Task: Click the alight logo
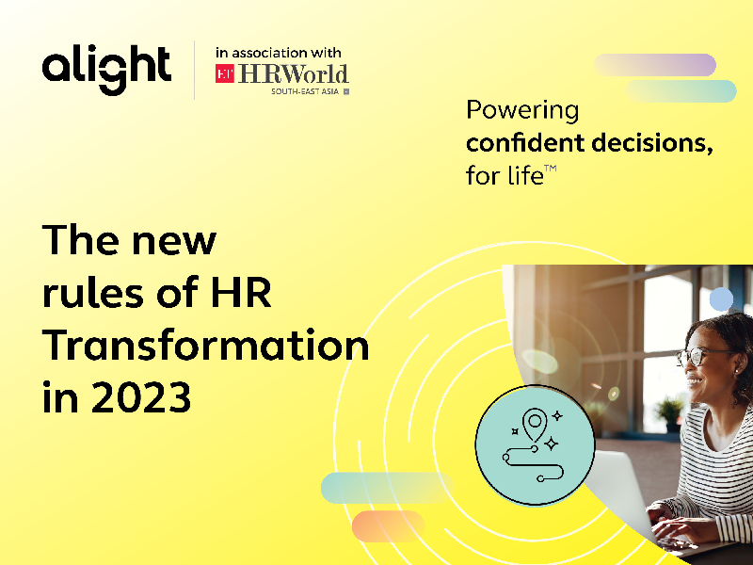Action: pyautogui.click(x=105, y=69)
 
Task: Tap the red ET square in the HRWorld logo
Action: pyautogui.click(x=225, y=74)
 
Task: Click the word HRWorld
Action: pyautogui.click(x=292, y=74)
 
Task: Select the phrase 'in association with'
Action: pyautogui.click(x=278, y=53)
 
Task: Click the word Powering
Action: pyautogui.click(x=522, y=110)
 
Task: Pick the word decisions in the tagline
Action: pyautogui.click(x=650, y=143)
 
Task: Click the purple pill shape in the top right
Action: pyautogui.click(x=655, y=65)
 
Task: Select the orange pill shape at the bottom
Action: pyautogui.click(x=388, y=524)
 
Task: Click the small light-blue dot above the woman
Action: pyautogui.click(x=721, y=299)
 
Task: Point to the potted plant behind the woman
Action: pyautogui.click(x=669, y=410)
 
